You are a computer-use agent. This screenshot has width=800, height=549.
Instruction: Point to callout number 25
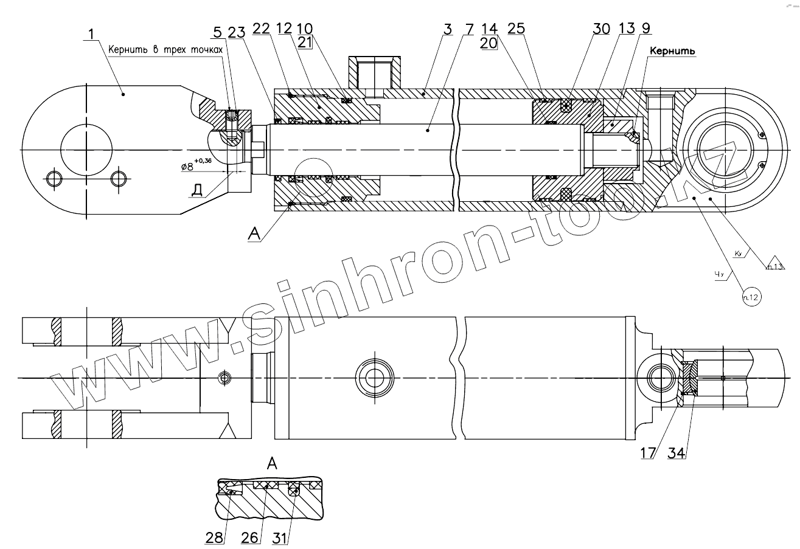click(517, 29)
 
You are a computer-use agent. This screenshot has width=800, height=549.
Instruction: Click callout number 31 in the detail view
click(280, 538)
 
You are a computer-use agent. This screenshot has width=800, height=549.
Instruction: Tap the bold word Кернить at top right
click(672, 52)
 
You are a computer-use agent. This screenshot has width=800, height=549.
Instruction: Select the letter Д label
click(197, 190)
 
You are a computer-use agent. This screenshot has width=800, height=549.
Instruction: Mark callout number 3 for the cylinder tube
click(447, 29)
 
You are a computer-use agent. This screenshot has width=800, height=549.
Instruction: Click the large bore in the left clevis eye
click(86, 150)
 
